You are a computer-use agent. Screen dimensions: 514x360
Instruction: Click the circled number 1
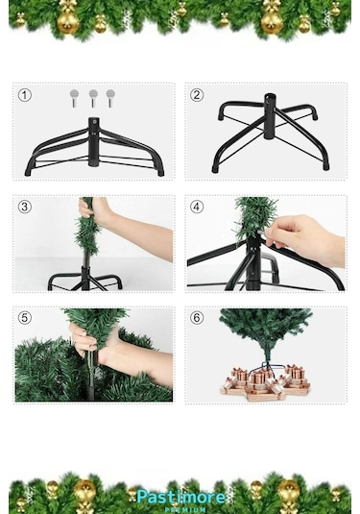25,94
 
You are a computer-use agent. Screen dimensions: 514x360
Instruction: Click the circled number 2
197,94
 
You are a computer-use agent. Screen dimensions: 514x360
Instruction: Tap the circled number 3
25,207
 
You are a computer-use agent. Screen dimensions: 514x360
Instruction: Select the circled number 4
197,207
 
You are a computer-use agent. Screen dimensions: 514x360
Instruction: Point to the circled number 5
25,318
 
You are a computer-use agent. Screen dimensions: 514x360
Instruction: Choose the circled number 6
197,318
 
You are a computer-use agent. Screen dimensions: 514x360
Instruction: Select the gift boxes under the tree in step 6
265,380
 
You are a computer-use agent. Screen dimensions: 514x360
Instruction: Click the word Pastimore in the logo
180,496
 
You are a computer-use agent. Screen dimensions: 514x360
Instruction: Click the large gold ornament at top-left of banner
68,20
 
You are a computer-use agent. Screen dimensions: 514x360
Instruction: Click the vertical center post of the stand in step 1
93,141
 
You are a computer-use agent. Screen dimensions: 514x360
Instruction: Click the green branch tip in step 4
255,217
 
